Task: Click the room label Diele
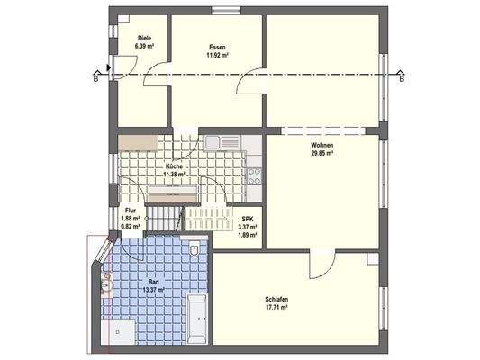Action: [132, 38]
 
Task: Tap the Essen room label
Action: [216, 47]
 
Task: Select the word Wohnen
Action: [322, 145]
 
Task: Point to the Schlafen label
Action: [276, 300]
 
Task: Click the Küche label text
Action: [175, 167]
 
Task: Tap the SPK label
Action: [247, 220]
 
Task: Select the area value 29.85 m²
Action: [322, 153]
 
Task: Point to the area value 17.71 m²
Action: [276, 308]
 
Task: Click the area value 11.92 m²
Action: [216, 55]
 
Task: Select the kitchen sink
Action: [213, 141]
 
